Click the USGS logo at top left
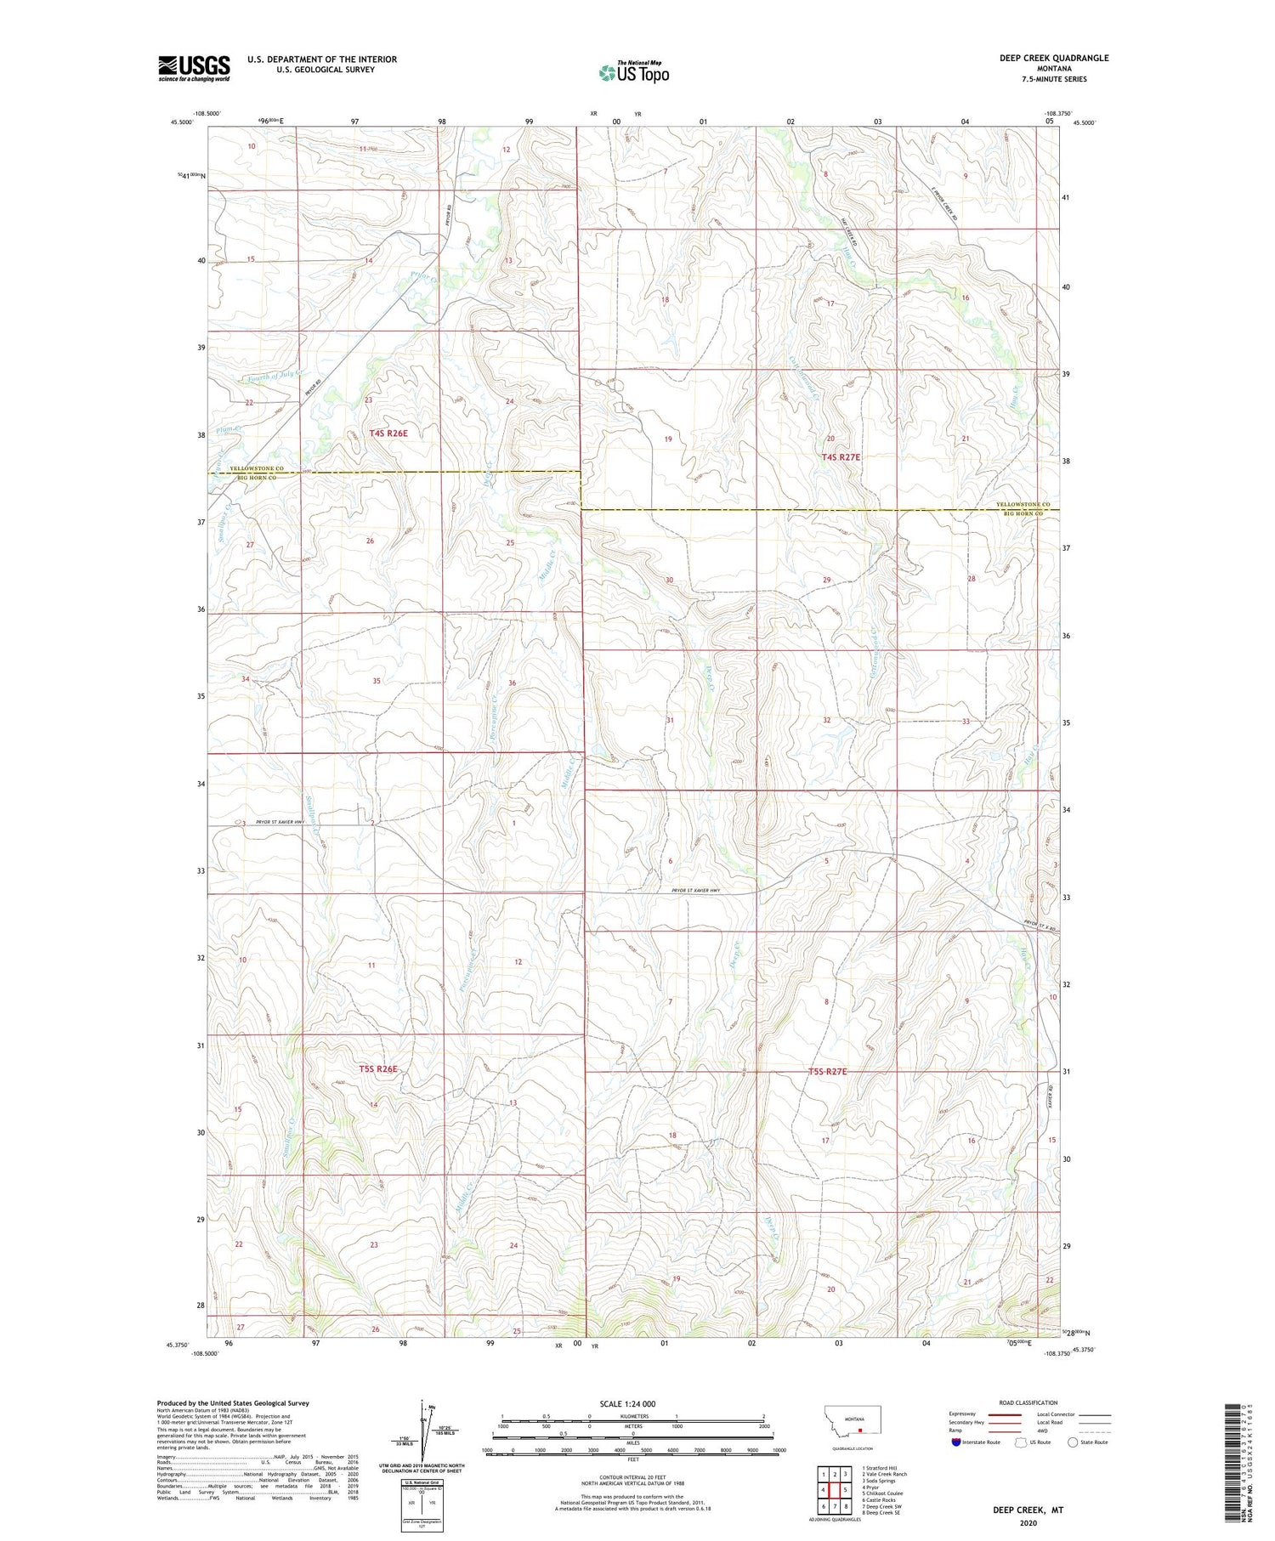coord(194,68)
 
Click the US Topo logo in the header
coord(634,73)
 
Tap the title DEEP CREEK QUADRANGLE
coord(1054,58)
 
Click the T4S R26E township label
coord(388,433)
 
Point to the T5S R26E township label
coord(378,1068)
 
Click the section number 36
coord(512,683)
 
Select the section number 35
coord(377,681)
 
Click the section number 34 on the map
coord(246,679)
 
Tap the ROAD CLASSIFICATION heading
coord(1028,1402)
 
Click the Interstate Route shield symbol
coord(957,1442)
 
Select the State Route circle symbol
coord(1073,1442)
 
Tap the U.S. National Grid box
coord(422,1505)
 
